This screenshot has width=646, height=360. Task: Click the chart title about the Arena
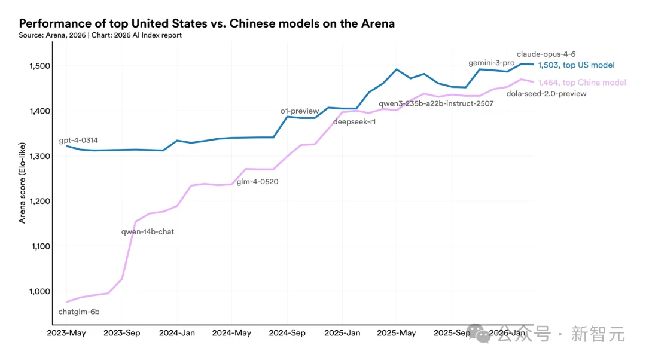pos(206,23)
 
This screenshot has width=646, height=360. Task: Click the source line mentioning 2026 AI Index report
pos(100,35)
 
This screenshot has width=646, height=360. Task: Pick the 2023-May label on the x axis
pos(66,333)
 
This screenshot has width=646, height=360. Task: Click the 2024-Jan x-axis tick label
pos(177,333)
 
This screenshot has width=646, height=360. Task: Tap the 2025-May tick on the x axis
pos(397,333)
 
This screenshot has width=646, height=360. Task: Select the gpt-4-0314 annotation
pos(78,141)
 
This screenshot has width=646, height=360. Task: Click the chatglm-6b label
pos(79,312)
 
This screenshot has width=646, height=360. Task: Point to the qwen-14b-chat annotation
pos(148,231)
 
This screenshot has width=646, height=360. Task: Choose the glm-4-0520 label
pos(257,182)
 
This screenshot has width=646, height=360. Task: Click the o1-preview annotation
pos(301,111)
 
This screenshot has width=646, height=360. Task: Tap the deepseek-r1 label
pos(355,122)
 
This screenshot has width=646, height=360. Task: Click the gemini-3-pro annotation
pos(491,63)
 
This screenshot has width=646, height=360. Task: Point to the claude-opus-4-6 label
pos(546,54)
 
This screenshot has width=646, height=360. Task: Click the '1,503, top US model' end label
pos(576,65)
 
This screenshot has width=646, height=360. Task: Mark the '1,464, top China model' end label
pos(581,83)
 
